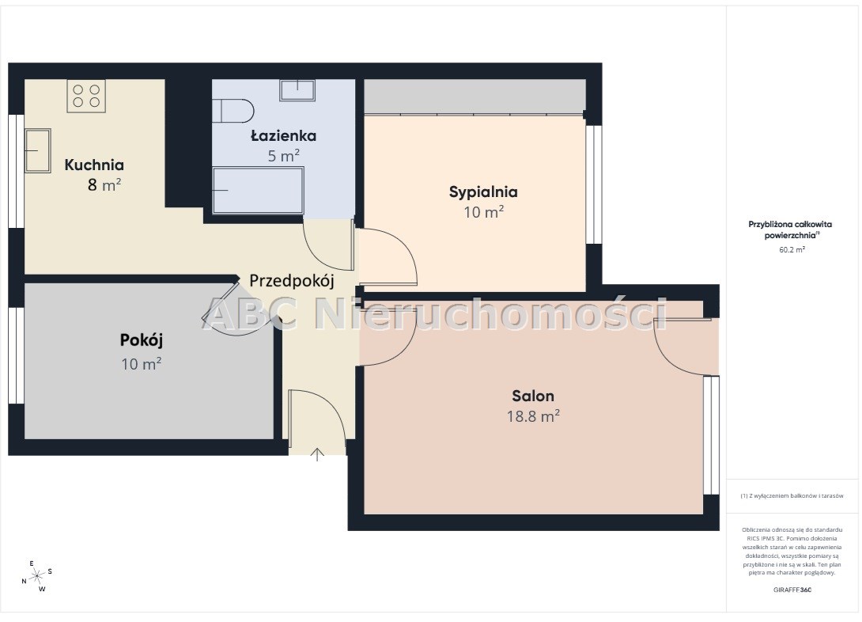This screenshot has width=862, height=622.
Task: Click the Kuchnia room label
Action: (x=94, y=165)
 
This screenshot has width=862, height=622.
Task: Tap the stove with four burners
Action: (x=86, y=97)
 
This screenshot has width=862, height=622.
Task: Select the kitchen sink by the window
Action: (x=37, y=150)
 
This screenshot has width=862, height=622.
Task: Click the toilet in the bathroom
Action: (x=233, y=111)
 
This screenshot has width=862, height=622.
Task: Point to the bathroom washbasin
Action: (x=297, y=90)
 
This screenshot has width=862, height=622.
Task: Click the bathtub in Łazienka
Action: (x=259, y=190)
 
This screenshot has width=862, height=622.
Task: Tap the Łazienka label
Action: (x=284, y=136)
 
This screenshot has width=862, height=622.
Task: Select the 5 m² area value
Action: (x=284, y=156)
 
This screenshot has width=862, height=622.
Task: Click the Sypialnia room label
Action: (x=483, y=192)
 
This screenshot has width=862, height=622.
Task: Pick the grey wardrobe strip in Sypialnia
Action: (x=474, y=97)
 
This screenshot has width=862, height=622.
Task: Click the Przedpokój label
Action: (x=292, y=280)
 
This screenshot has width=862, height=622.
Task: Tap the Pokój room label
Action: (x=142, y=340)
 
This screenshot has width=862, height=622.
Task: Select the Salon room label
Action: (x=533, y=396)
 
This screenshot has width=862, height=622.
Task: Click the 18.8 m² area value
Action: (x=533, y=415)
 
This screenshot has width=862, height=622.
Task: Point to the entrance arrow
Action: (x=317, y=454)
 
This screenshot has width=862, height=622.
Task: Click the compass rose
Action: (x=37, y=576)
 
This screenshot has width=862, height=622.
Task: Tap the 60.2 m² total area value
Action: (x=792, y=250)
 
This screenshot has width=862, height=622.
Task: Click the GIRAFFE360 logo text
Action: (x=792, y=590)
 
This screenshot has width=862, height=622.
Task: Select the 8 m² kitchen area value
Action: (x=104, y=185)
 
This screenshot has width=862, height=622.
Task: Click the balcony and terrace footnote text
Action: (x=792, y=495)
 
